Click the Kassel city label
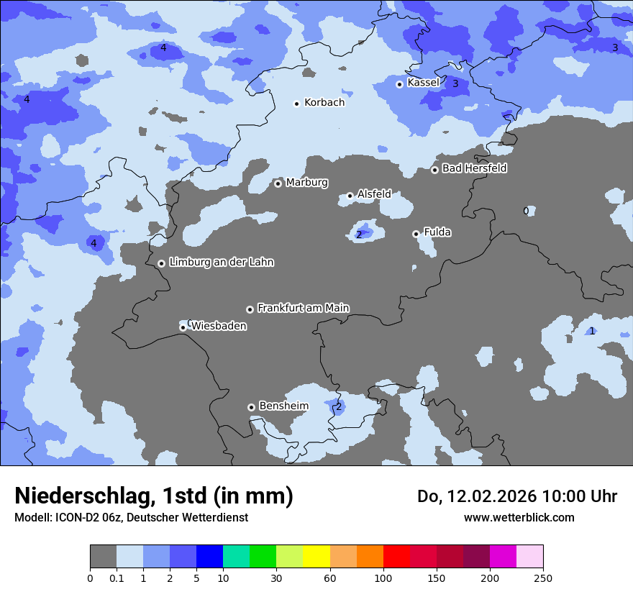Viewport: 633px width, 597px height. (423, 83)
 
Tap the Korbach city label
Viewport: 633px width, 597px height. (324, 103)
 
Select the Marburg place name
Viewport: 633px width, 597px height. (306, 183)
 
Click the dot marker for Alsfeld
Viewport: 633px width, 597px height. (350, 196)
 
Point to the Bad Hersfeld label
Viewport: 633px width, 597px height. (474, 168)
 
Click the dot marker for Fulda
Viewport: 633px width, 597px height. (416, 234)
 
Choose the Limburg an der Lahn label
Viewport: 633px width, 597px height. (221, 263)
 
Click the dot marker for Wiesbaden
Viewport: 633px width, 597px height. (183, 327)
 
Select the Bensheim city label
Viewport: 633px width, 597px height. (283, 406)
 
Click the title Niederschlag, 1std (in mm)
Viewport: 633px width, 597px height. (154, 496)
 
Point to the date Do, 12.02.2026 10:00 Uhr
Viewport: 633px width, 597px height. (516, 496)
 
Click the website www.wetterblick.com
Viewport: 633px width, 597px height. (519, 517)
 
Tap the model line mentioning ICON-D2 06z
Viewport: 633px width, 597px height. (131, 517)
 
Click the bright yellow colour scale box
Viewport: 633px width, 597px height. (316, 557)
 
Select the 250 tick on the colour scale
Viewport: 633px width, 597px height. (542, 578)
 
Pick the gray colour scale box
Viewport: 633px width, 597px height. (103, 557)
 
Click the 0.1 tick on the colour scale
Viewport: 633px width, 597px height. (117, 578)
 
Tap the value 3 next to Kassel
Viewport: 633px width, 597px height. (455, 84)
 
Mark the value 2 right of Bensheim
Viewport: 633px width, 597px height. (339, 407)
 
